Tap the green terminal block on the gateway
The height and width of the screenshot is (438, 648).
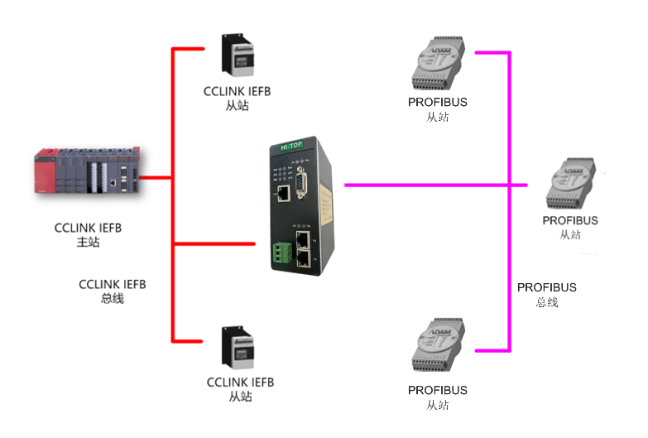pos(280,251)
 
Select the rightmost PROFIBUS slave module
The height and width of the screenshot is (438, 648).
pos(570,184)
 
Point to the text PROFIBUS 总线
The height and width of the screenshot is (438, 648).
pos(546,295)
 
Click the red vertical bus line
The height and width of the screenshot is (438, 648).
pos(172,199)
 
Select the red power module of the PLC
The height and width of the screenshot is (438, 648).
pos(43,171)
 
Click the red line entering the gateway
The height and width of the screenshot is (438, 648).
pos(215,243)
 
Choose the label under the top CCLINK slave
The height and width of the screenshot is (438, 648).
pos(237,99)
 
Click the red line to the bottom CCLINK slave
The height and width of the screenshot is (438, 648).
pos(188,340)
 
